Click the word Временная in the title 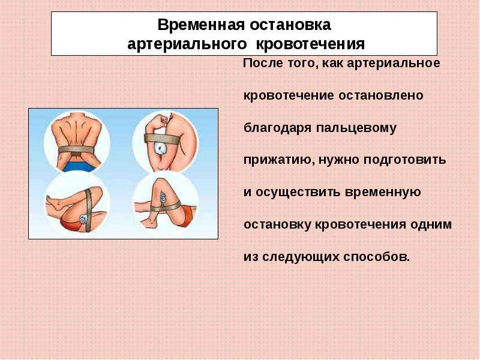(x=201, y=25)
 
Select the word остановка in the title (x=290, y=25)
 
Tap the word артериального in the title (x=187, y=44)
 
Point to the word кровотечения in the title (x=310, y=44)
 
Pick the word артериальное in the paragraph (x=394, y=64)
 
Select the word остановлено (x=381, y=95)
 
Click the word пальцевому (x=356, y=128)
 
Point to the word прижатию (x=279, y=160)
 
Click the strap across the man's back (x=76, y=149)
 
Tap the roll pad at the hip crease (x=83, y=220)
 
